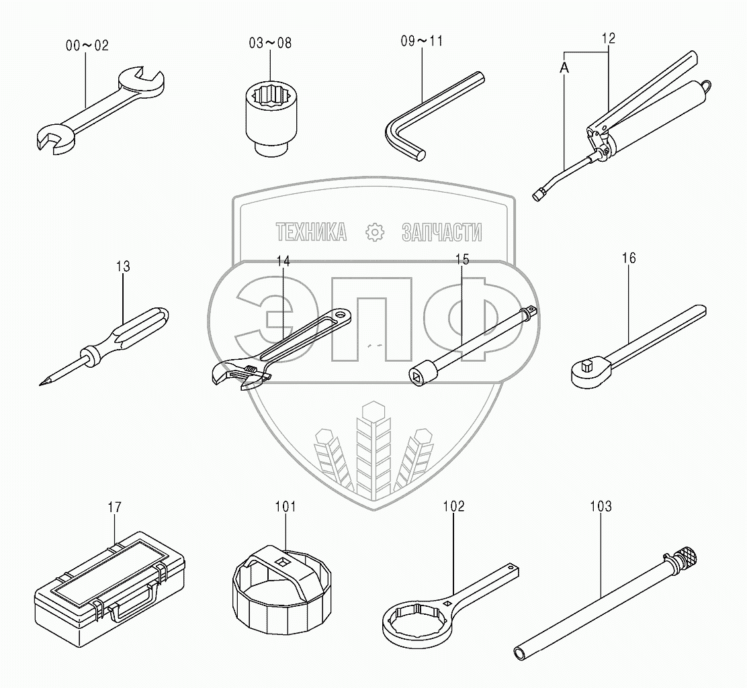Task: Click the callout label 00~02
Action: click(x=87, y=46)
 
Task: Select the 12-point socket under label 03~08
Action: click(x=269, y=117)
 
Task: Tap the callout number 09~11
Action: click(x=422, y=41)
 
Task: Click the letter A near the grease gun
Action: click(x=564, y=68)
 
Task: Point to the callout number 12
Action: click(x=609, y=38)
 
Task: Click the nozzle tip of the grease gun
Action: click(x=538, y=195)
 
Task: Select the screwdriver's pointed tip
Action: click(x=42, y=383)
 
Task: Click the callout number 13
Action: click(x=123, y=266)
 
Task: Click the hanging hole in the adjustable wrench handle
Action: click(x=340, y=314)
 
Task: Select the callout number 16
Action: click(x=629, y=258)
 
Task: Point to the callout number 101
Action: click(x=285, y=507)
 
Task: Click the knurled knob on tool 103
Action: click(x=687, y=556)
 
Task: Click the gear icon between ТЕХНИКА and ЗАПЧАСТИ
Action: click(x=375, y=232)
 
